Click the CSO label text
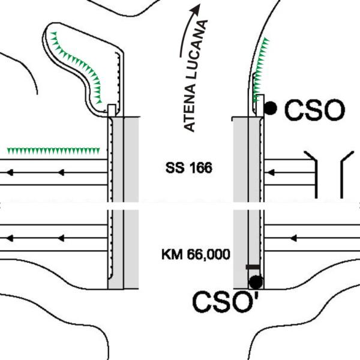tap(314, 110)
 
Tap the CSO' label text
tap(226, 301)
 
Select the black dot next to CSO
tap(270, 108)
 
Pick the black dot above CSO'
tap(256, 282)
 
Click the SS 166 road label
tap(189, 168)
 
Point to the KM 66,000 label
tap(196, 254)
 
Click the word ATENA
tap(190, 107)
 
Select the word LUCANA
tap(198, 49)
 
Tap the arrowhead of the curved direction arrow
tap(195, 10)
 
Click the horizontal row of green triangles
tap(53, 151)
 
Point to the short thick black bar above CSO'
tap(253, 267)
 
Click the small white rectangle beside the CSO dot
tap(260, 106)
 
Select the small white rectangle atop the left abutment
tap(112, 110)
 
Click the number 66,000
tap(208, 255)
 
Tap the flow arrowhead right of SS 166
tap(271, 172)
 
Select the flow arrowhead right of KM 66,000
tap(293, 238)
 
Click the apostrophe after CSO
tap(257, 296)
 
